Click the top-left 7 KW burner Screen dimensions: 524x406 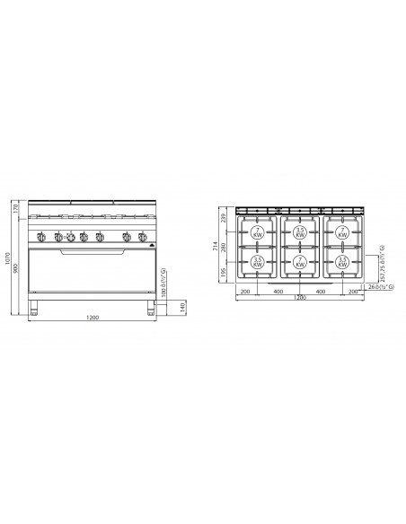tap(257, 231)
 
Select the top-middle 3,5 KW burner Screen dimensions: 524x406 tap(301, 231)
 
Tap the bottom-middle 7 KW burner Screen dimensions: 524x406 tap(301, 263)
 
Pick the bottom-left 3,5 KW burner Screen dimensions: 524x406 tap(257, 263)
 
